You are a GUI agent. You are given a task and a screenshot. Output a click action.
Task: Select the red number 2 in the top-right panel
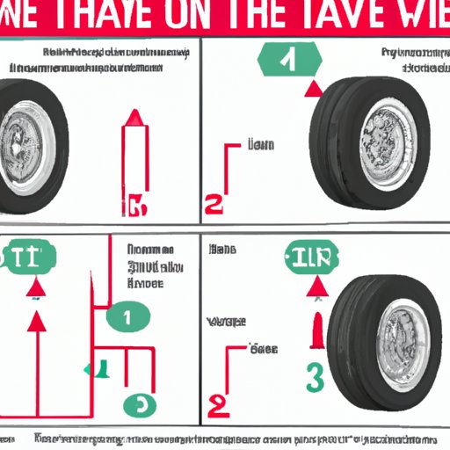coord(214,205)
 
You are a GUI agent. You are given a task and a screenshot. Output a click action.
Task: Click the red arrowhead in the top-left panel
coord(134,116)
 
